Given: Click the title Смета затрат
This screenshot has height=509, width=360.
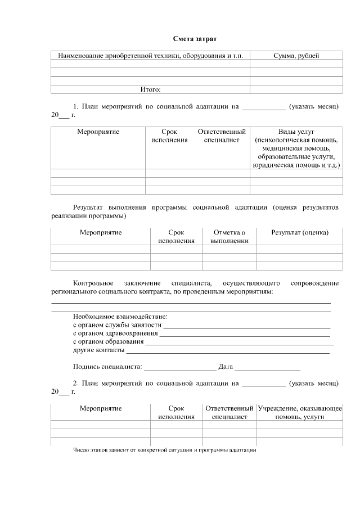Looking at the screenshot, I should pyautogui.click(x=194, y=39).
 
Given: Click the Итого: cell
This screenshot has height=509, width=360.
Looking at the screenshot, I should pyautogui.click(x=150, y=89).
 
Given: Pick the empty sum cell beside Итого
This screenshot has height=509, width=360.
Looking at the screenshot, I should pyautogui.click(x=296, y=89).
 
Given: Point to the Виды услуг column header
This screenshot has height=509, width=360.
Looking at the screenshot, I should pyautogui.click(x=296, y=132).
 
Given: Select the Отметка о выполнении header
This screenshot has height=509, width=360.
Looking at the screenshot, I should pyautogui.click(x=229, y=236).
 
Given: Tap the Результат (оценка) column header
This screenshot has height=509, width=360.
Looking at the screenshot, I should pyautogui.click(x=299, y=232).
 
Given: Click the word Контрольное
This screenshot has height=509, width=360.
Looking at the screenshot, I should pyautogui.click(x=93, y=283).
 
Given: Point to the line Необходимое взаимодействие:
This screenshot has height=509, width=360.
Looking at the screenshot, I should pyautogui.click(x=120, y=316).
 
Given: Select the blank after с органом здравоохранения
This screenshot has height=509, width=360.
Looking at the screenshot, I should pyautogui.click(x=245, y=335).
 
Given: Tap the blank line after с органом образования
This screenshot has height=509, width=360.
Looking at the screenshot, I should pyautogui.click(x=239, y=344).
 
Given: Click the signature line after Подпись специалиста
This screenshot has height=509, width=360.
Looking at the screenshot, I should pyautogui.click(x=180, y=369).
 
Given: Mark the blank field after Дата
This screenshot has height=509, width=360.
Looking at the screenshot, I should pyautogui.click(x=267, y=369).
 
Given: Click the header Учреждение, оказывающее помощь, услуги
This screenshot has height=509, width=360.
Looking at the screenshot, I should pyautogui.click(x=299, y=412).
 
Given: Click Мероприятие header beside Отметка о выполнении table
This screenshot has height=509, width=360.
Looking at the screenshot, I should pyautogui.click(x=101, y=232).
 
